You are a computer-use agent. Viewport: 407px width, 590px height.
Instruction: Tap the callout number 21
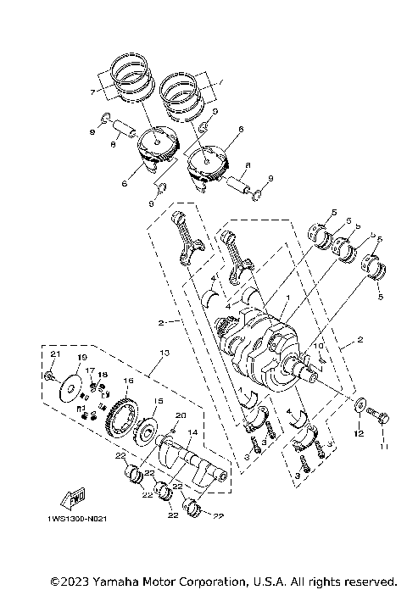(53, 353)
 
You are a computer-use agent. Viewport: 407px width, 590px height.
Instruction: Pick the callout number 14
(192, 432)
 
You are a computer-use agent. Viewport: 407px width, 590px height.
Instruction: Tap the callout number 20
(179, 415)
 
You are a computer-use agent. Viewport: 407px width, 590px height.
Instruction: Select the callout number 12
(359, 434)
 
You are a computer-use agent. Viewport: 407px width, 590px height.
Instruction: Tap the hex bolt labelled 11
(379, 417)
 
